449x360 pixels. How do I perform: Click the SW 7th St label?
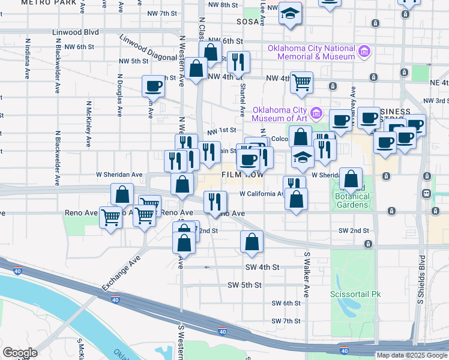[x=285, y=321]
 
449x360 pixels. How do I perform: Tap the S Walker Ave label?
[x=306, y=274]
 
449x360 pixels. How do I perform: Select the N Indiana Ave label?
[x=28, y=59]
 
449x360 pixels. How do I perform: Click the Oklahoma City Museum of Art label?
[x=279, y=114]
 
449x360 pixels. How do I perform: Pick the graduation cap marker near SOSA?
[x=290, y=16]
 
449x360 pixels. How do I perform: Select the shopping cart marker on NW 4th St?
[x=301, y=82]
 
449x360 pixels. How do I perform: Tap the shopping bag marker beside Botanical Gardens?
[x=351, y=179]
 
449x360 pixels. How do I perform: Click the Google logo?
[x=20, y=353]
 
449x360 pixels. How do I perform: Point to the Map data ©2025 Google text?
[x=411, y=355]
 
